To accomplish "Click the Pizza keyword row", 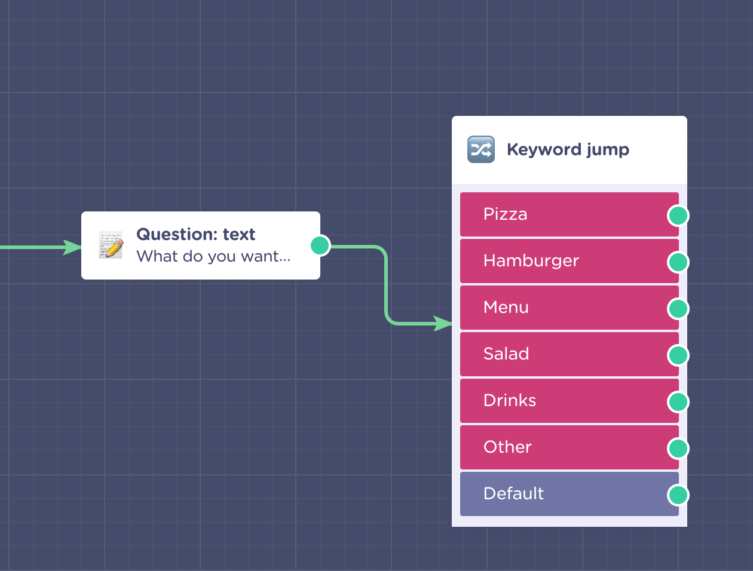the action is [569, 214].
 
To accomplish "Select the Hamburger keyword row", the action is [569, 261].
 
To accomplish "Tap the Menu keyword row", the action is [569, 308].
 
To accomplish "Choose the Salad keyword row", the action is [569, 354].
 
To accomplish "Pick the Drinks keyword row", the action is [569, 401].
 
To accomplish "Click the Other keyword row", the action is [569, 447].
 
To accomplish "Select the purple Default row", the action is [569, 494].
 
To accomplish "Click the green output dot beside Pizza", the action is [678, 216].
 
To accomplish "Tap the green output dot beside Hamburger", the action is [678, 262].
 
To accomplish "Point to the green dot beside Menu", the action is [678, 309].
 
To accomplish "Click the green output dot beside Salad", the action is [678, 355].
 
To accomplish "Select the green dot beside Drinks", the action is [678, 402].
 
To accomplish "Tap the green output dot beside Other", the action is [678, 449].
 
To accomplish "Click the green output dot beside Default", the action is [678, 495].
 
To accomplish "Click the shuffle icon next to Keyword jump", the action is [481, 149].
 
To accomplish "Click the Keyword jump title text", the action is [568, 150].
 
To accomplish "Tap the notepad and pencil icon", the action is [111, 245].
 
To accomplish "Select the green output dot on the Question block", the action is [320, 245].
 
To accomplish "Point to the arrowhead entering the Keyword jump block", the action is [443, 323].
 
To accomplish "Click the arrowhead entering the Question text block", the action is [72, 247].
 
